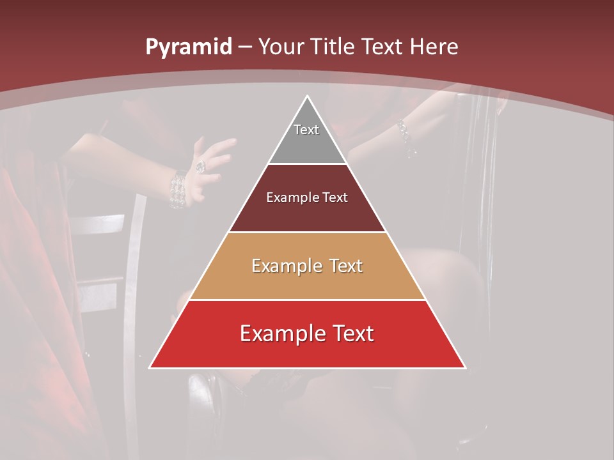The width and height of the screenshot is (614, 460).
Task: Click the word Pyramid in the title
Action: pyautogui.click(x=188, y=47)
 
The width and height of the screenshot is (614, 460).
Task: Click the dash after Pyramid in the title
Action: pyautogui.click(x=246, y=47)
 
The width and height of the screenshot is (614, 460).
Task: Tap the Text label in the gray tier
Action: pyautogui.click(x=306, y=130)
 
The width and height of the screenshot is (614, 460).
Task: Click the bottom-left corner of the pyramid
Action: pyautogui.click(x=150, y=367)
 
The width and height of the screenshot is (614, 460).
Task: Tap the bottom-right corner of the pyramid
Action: pyautogui.click(x=465, y=367)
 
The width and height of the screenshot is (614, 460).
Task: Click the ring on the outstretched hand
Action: pyautogui.click(x=201, y=166)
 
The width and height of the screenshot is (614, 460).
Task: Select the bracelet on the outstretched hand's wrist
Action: pyautogui.click(x=177, y=189)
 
